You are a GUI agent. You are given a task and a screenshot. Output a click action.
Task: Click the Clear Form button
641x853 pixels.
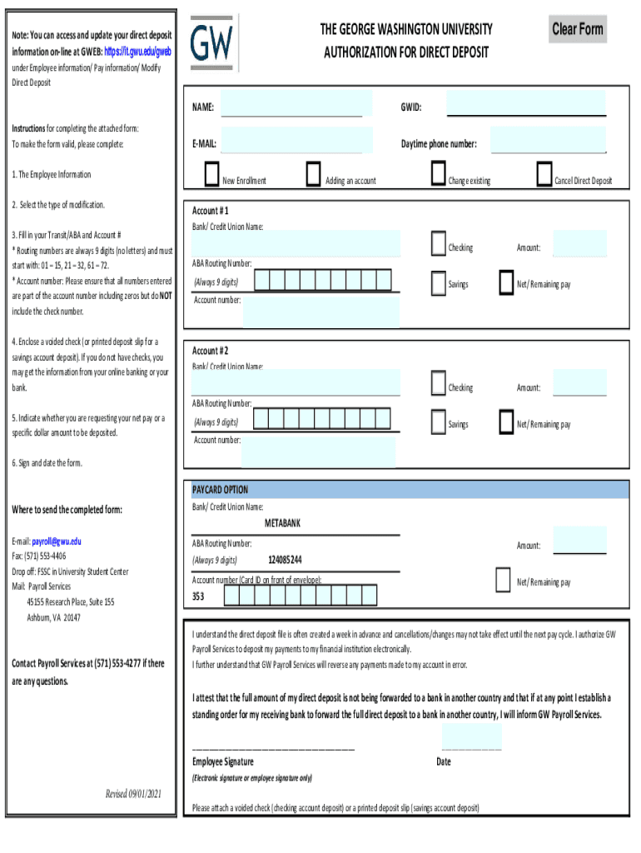pos(578,30)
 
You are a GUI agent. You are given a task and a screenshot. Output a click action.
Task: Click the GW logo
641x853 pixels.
pos(213,42)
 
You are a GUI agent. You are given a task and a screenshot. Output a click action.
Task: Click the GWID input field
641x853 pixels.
pos(526,104)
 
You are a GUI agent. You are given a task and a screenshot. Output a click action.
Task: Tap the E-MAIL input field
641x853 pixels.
pos(297,140)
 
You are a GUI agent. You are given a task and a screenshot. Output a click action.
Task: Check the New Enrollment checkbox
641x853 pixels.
pos(211,174)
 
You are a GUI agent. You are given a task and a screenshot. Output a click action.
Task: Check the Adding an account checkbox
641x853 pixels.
pos(313,174)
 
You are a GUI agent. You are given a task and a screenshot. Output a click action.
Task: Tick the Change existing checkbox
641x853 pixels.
pos(438,174)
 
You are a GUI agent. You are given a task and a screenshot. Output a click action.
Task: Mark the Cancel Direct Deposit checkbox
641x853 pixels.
pos(544,174)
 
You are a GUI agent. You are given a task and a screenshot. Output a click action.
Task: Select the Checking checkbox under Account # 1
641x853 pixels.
pos(439,244)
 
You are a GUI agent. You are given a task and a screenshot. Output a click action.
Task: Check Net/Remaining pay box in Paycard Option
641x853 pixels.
pos(502,580)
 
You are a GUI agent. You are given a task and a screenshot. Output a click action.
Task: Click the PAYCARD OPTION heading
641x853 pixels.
pos(221,490)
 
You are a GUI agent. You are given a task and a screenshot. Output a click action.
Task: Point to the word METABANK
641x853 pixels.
pos(283,524)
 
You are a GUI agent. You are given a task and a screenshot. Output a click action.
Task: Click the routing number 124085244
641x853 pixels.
pos(286,560)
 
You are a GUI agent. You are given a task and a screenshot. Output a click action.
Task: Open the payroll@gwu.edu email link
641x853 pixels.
pos(57,541)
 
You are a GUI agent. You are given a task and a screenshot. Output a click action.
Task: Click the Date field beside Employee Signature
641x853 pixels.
pos(472,738)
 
